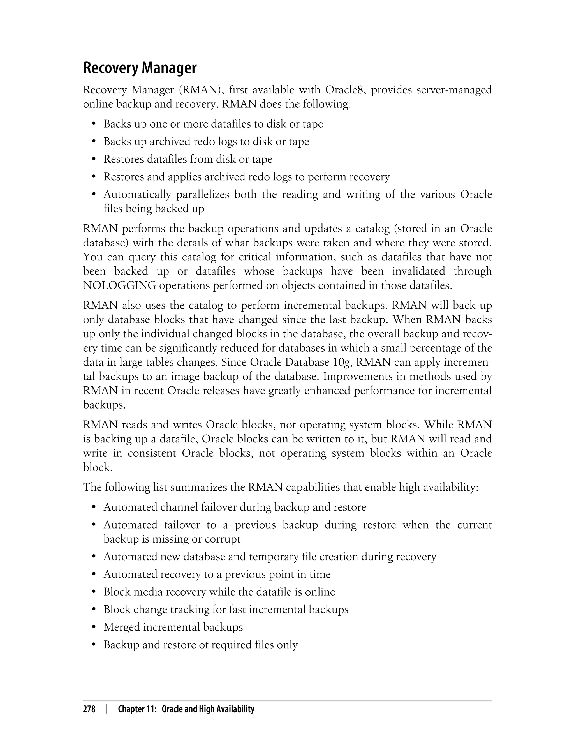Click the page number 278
tap(89, 709)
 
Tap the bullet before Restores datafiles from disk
tap(94, 160)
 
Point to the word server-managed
tap(454, 90)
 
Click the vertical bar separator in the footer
tap(107, 709)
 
